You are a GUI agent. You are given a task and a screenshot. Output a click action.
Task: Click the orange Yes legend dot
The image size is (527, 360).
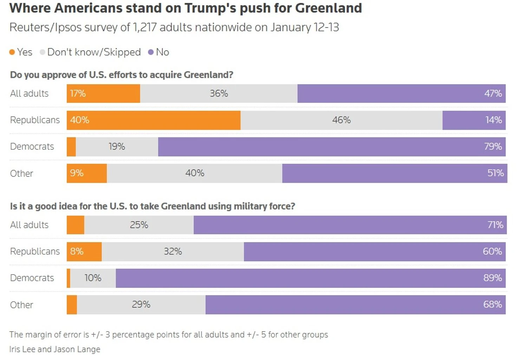tap(12, 52)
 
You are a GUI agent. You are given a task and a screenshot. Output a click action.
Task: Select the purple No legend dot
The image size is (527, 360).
tap(151, 52)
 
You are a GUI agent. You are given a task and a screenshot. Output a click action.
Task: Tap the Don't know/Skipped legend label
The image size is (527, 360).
tap(94, 52)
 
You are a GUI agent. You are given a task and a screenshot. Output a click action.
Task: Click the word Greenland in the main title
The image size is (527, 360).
tap(328, 8)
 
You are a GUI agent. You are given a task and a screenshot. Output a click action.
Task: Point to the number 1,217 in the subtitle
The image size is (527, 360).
tap(145, 27)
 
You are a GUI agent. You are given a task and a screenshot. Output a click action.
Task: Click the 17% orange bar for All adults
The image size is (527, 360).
tap(103, 93)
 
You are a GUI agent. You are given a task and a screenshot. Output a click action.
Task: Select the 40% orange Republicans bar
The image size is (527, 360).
tap(154, 120)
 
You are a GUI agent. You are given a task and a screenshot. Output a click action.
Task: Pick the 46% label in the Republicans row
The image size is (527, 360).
tap(341, 120)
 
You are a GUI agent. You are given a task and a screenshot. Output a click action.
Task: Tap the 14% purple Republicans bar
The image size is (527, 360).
tap(474, 120)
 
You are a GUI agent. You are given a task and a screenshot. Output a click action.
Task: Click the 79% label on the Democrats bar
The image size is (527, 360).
tap(493, 146)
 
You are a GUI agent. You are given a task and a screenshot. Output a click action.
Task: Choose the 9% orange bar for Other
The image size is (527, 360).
tap(87, 173)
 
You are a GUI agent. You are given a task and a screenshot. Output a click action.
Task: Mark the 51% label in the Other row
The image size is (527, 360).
tap(495, 173)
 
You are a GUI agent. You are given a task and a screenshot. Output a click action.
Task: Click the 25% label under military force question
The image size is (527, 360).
tap(139, 225)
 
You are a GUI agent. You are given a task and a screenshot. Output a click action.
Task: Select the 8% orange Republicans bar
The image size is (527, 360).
tap(84, 251)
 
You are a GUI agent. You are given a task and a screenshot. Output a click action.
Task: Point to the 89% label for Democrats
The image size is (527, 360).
tap(493, 278)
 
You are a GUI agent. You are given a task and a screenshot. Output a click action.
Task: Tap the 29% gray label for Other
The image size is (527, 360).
tap(141, 305)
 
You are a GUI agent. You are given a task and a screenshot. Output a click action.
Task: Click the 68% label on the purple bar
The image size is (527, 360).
tap(493, 305)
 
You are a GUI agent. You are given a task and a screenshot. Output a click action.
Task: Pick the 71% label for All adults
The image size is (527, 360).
tap(495, 225)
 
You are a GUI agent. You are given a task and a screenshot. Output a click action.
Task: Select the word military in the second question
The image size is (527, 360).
tap(250, 206)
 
